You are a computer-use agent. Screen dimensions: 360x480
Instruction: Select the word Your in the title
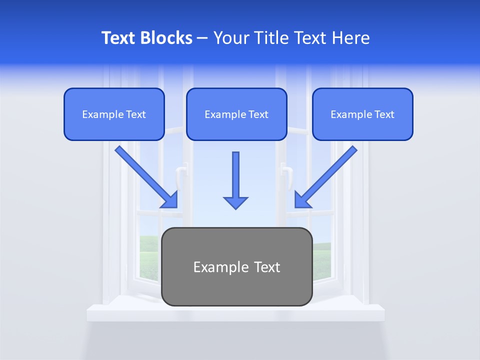231,38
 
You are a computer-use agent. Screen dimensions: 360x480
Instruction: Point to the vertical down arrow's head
235,202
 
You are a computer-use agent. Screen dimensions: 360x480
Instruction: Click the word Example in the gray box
214,267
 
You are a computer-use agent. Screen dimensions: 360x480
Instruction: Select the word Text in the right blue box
383,114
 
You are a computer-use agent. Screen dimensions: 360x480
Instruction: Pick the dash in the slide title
203,38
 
